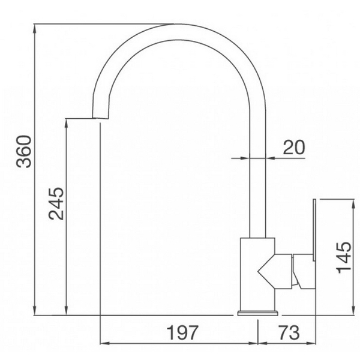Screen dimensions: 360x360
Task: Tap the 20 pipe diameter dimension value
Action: click(x=293, y=147)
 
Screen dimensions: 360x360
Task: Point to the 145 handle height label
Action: click(x=343, y=257)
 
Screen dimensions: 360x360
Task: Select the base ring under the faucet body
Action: click(x=259, y=313)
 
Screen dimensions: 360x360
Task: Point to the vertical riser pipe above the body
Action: click(x=257, y=192)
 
